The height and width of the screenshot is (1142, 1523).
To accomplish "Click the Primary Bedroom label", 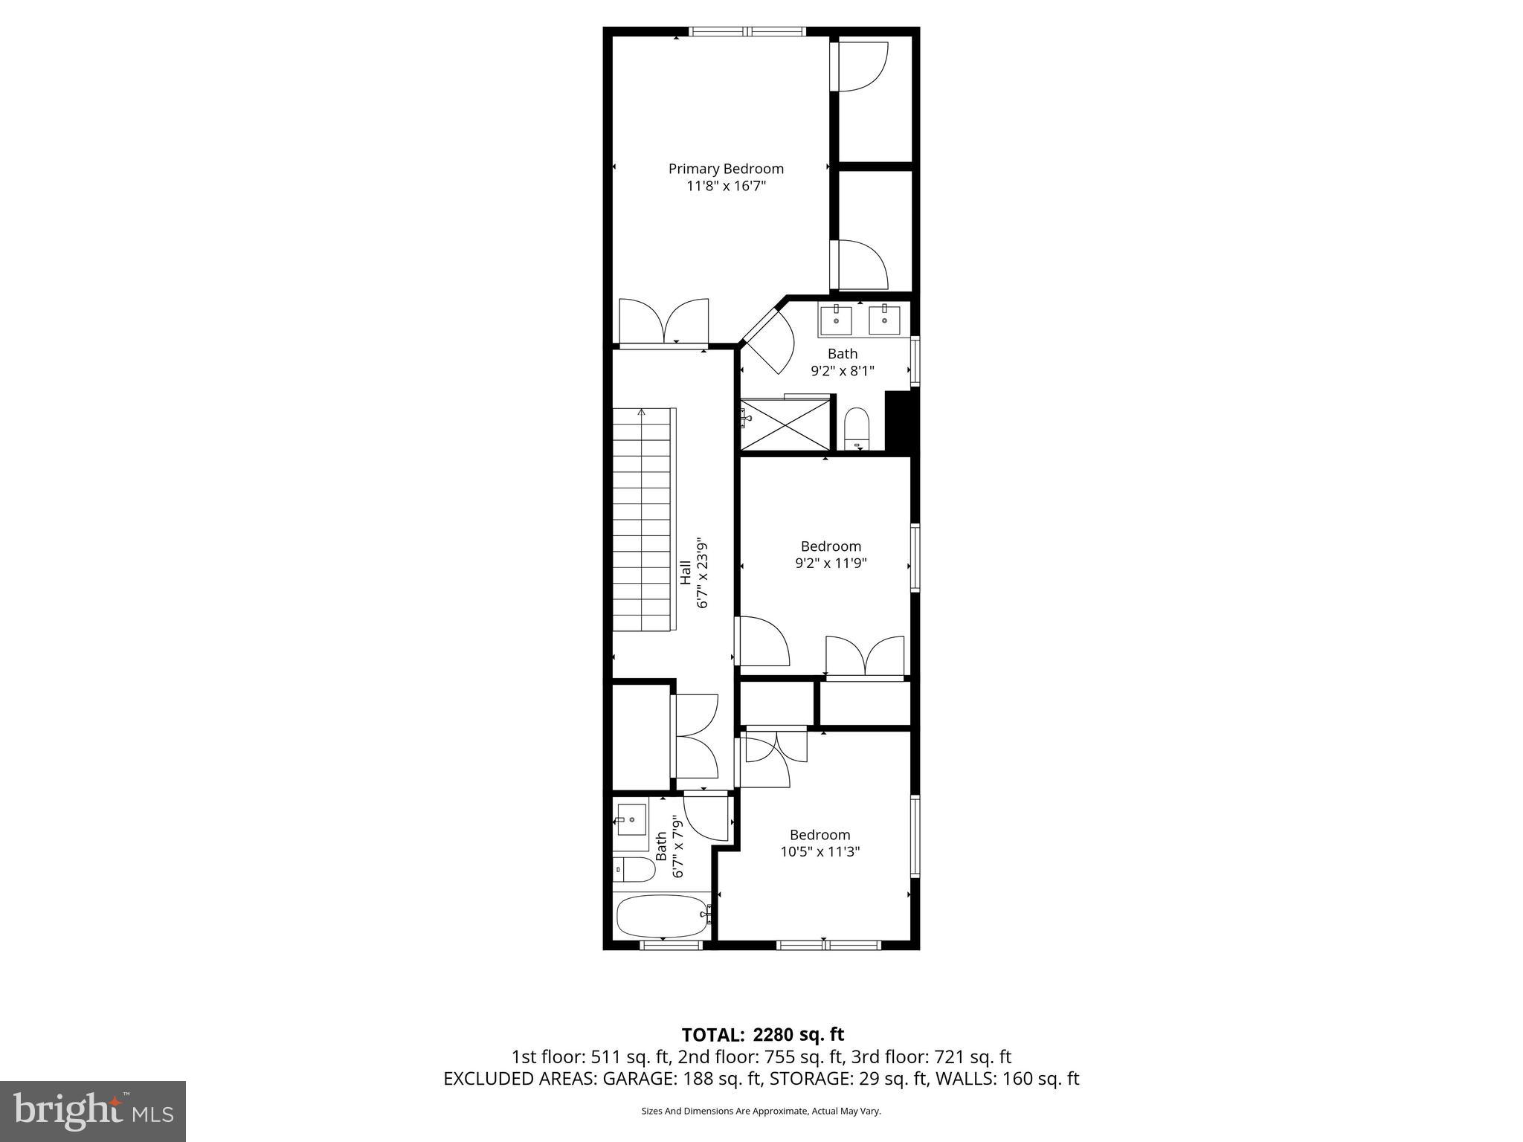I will coord(726,169).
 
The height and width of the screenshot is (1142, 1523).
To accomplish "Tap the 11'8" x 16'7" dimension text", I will coord(726,186).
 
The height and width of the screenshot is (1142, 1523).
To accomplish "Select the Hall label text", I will coord(685,572).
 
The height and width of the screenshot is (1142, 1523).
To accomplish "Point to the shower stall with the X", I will coord(785,425).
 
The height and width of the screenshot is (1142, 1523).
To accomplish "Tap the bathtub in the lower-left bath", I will coord(661,917).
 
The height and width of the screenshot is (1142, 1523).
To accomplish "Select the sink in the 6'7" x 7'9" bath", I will coord(631,821).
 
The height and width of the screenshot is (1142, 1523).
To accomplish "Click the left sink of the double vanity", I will coord(837,320).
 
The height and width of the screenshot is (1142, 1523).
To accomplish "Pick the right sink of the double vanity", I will coord(884,320).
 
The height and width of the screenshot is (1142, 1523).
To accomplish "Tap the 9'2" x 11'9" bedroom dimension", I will coord(831,564).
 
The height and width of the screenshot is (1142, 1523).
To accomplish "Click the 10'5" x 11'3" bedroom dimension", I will coord(820,852).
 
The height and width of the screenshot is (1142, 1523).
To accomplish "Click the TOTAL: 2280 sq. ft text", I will coord(762,1034).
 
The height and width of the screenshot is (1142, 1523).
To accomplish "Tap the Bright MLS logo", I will coord(93,1111).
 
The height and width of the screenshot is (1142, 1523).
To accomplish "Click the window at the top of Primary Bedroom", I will coord(747,32).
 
